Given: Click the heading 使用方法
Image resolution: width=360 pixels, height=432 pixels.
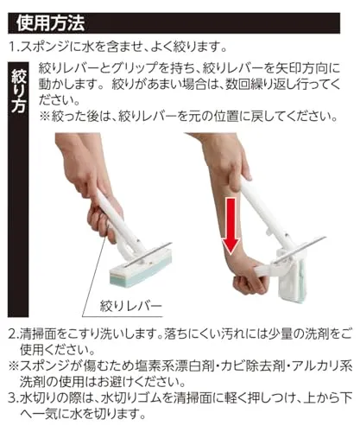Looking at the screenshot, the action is [50, 23].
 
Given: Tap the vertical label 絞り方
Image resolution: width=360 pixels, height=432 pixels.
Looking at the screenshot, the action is [19, 90].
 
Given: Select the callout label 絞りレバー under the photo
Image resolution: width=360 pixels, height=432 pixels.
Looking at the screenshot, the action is [131, 306].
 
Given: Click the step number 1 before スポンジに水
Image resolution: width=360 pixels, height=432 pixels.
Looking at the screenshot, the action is [12, 47].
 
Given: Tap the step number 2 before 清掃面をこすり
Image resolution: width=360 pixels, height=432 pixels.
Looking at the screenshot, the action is [12, 334].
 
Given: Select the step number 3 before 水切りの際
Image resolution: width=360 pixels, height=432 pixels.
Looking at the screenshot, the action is [12, 398].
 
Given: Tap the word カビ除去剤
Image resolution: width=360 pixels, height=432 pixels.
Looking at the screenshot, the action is [252, 366].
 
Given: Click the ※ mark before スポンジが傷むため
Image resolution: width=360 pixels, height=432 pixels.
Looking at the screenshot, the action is [13, 366].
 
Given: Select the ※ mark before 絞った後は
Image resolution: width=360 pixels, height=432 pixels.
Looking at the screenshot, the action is [44, 117].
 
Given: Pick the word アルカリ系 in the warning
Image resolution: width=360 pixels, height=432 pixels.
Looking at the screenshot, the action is [321, 366].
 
